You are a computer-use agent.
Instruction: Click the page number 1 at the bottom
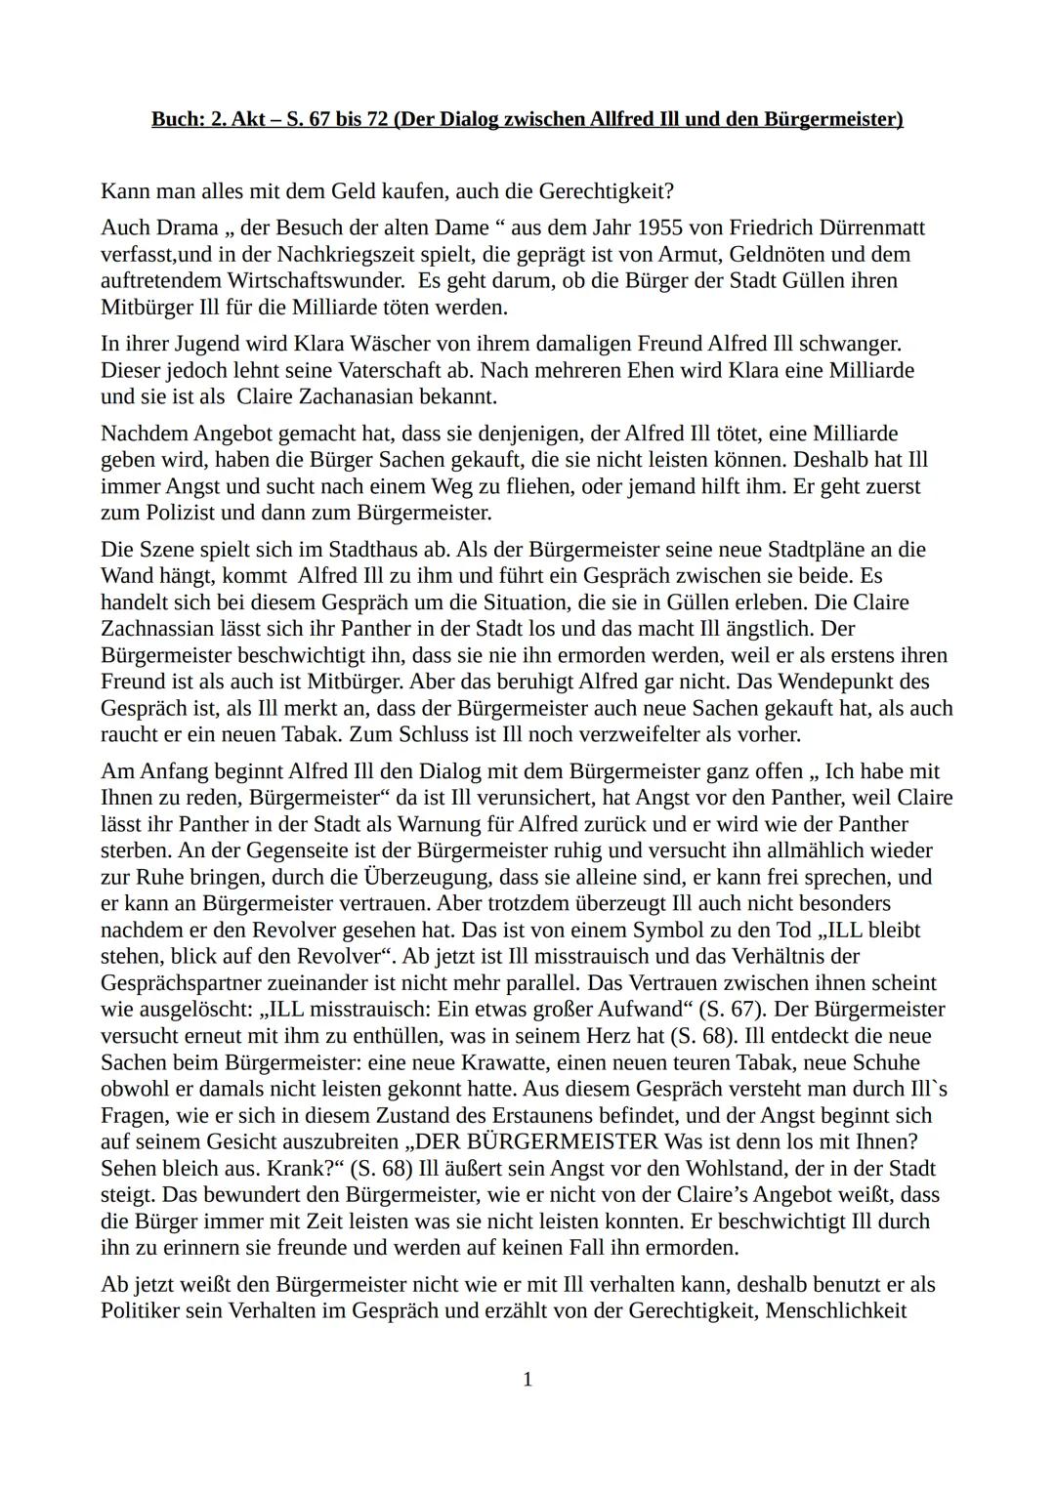pyautogui.click(x=527, y=1379)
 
